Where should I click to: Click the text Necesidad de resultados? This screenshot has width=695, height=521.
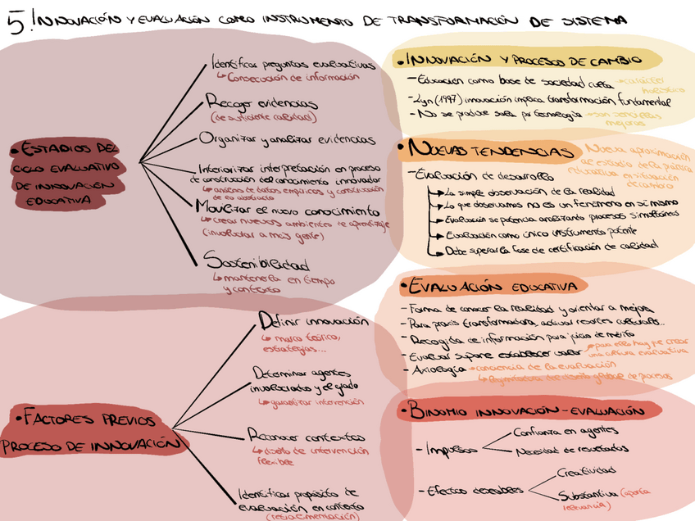(571, 449)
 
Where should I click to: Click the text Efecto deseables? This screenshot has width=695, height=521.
(475, 490)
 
